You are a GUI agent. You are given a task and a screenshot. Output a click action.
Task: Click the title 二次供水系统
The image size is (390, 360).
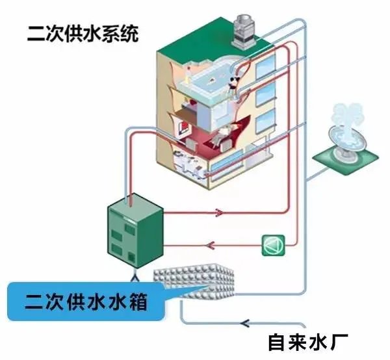click(83, 33)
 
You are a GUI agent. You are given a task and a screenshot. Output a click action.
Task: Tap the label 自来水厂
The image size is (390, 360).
click(309, 341)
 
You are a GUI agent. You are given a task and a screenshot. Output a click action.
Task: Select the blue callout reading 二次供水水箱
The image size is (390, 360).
click(84, 301)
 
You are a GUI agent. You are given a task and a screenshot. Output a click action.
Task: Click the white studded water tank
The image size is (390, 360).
click(195, 283)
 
